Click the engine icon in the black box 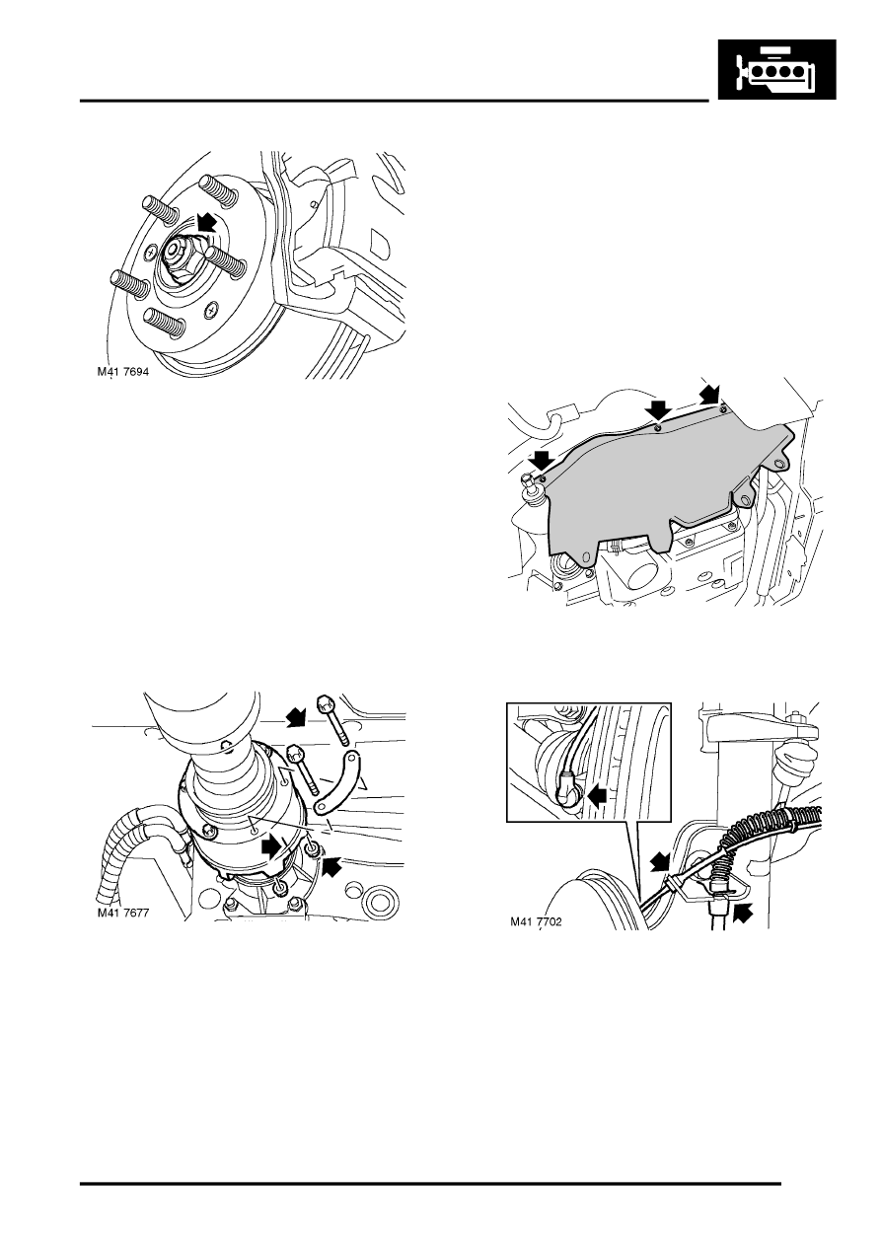tap(776, 69)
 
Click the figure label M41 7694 tap(123, 372)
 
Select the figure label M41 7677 tap(123, 914)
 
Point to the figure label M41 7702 tap(536, 921)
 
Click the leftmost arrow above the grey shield tap(541, 460)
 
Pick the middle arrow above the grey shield tap(658, 411)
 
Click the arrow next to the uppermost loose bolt tap(295, 717)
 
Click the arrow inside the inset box tap(597, 798)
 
